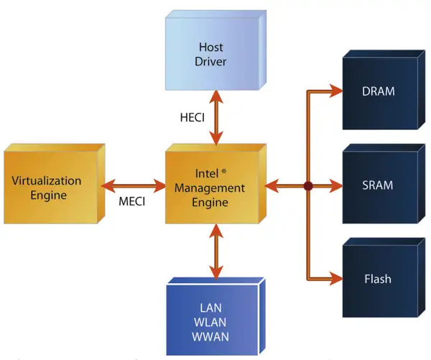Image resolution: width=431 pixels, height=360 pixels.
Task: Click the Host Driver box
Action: (x=212, y=54)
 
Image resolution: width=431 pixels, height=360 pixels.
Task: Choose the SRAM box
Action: (x=379, y=186)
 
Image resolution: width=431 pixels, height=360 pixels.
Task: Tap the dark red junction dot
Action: (x=308, y=186)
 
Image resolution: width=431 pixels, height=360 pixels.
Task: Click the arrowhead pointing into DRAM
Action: (x=335, y=91)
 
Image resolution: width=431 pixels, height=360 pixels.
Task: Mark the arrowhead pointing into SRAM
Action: (x=335, y=186)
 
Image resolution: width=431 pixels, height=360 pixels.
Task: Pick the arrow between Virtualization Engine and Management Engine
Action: (x=134, y=186)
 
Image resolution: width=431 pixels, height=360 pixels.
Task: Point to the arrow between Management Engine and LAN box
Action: (x=215, y=251)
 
